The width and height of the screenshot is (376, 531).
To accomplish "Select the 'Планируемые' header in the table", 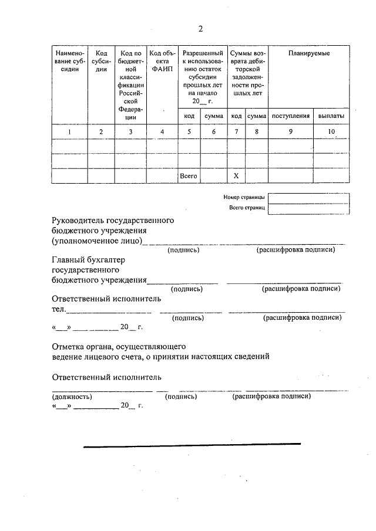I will pos(308,53).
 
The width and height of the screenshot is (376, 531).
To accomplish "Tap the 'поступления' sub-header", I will pos(290,116).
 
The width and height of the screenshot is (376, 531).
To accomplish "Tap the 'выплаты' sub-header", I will pos(331,116).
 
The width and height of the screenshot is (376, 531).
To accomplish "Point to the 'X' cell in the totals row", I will pos(236,175).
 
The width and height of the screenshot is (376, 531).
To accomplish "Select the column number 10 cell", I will pos(331,131).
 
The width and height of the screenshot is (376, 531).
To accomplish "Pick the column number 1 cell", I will pos(69,131).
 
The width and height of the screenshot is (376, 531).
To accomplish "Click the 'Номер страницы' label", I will pos(244,198).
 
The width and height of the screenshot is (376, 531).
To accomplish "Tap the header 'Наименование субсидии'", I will pos(69,61).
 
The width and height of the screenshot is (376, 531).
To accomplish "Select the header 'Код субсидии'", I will pos(101,61).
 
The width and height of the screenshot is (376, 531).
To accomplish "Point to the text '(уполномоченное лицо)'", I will pos(96,241).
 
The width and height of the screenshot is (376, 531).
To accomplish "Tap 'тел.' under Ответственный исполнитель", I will pos(58,309).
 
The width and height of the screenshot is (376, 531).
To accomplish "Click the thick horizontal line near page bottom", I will pos(192,445).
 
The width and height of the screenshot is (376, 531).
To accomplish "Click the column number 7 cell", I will pos(236,131).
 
